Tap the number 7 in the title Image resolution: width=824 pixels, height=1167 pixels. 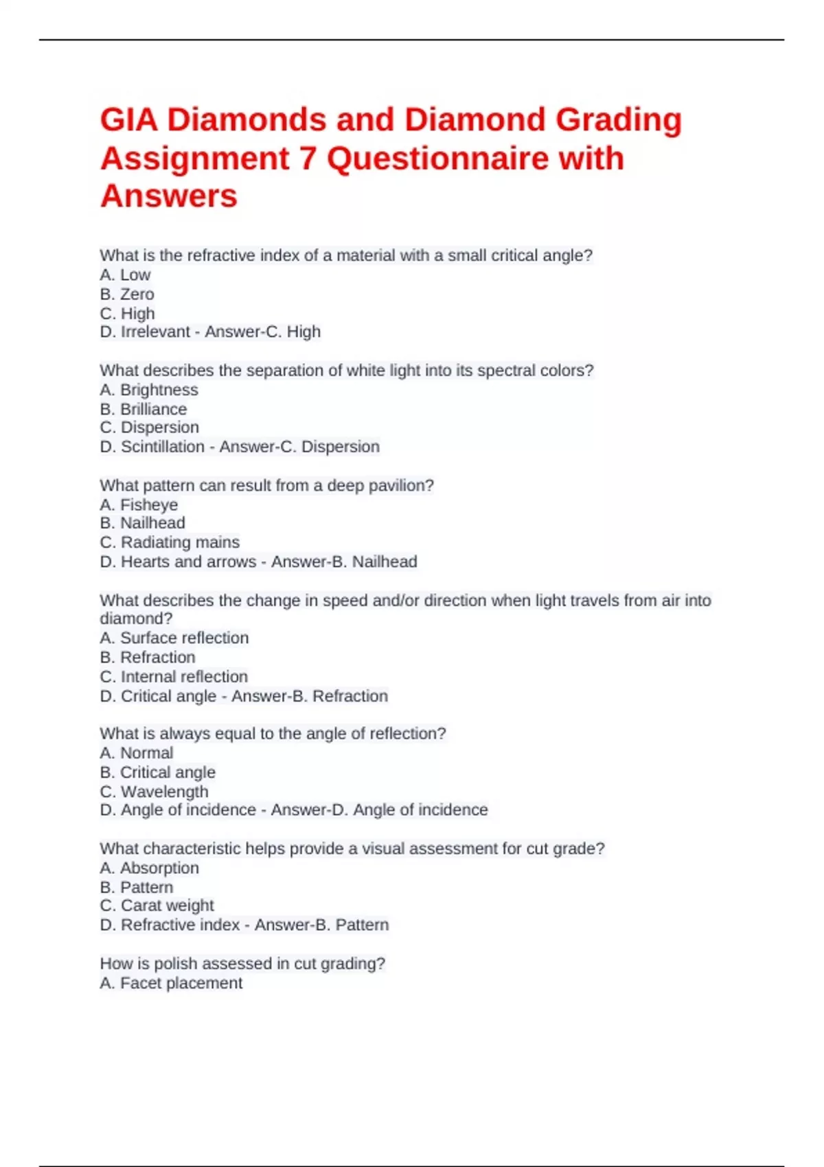[308, 159]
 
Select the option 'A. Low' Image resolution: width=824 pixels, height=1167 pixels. [125, 275]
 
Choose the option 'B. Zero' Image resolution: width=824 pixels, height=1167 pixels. [127, 294]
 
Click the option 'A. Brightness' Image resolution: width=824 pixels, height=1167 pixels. [149, 390]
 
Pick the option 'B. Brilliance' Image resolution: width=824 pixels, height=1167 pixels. [144, 409]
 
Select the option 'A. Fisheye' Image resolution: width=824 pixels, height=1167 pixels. [139, 505]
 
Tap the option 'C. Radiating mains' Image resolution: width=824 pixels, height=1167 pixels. [170, 542]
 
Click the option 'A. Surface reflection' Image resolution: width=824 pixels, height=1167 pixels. [174, 638]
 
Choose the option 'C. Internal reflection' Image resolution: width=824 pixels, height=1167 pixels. [174, 676]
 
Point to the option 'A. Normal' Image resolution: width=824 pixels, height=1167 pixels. [137, 752]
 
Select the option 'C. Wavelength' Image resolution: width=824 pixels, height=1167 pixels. [154, 792]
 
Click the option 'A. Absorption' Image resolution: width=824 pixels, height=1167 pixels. [150, 868]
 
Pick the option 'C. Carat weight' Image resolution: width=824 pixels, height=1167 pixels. [157, 905]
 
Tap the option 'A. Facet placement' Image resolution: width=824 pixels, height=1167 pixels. [171, 983]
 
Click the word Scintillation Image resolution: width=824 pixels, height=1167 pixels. [163, 447]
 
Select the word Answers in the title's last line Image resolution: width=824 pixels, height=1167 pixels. [169, 196]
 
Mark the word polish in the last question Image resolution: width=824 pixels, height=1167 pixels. [174, 964]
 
